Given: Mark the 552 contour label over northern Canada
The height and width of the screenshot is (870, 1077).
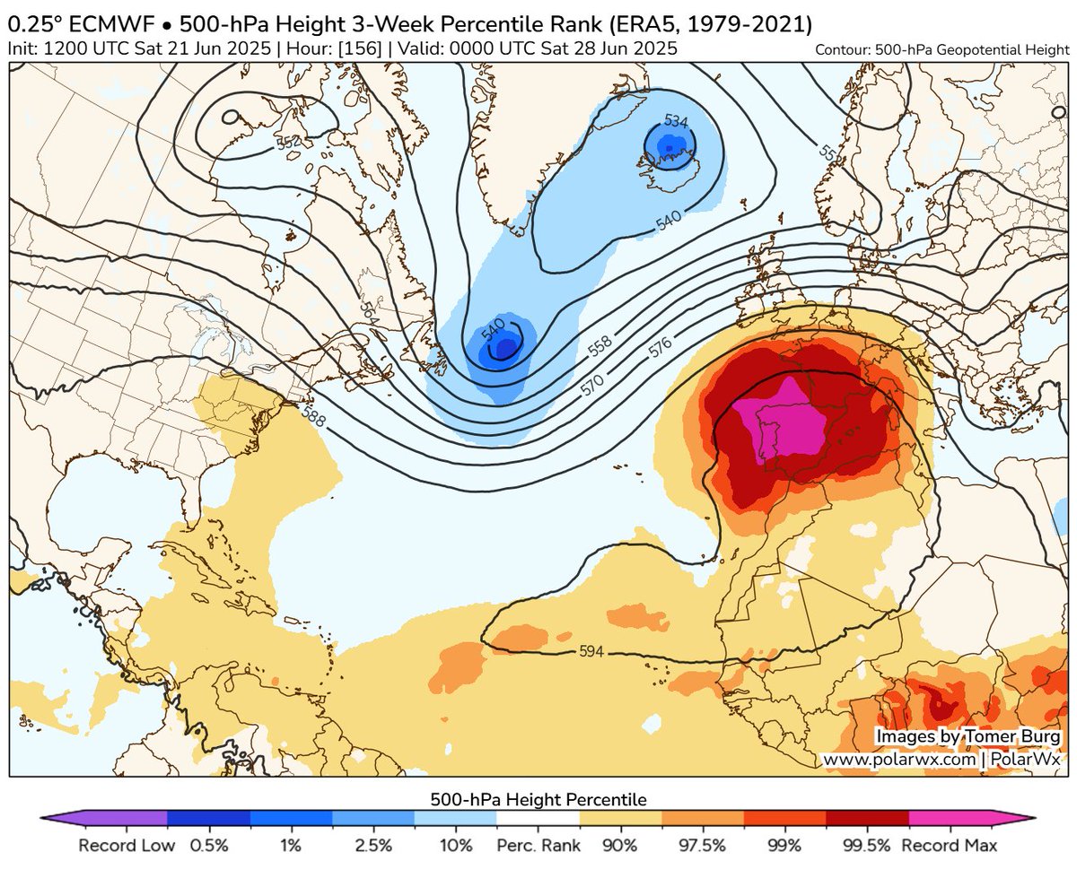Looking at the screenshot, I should pos(289,141).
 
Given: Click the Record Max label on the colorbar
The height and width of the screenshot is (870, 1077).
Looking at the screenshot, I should pos(950,845).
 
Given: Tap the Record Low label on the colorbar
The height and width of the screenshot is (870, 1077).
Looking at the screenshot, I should pos(120,845).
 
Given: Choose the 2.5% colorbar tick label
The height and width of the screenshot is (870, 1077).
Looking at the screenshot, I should pos(373,845).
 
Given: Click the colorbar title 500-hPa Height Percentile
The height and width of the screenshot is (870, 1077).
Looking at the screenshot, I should pos(538,798).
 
